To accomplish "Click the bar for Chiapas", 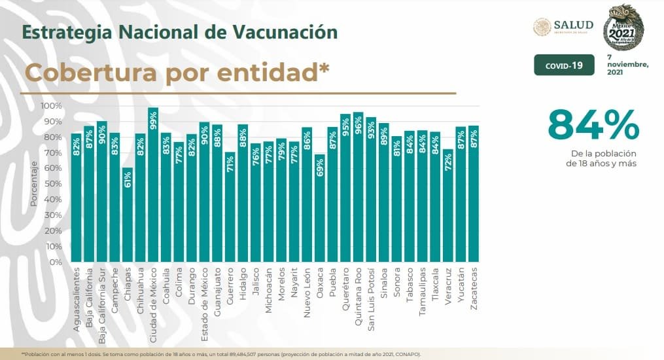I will (x=128, y=216).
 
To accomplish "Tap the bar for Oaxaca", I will (x=319, y=209).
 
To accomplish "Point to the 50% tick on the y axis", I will (x=54, y=184).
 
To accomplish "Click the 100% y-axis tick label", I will (x=51, y=106).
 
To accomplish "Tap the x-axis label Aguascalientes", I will (x=77, y=295).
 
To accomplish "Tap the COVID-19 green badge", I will (x=564, y=65).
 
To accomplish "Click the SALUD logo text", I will (x=573, y=24).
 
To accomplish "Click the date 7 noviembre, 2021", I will (x=627, y=65).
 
